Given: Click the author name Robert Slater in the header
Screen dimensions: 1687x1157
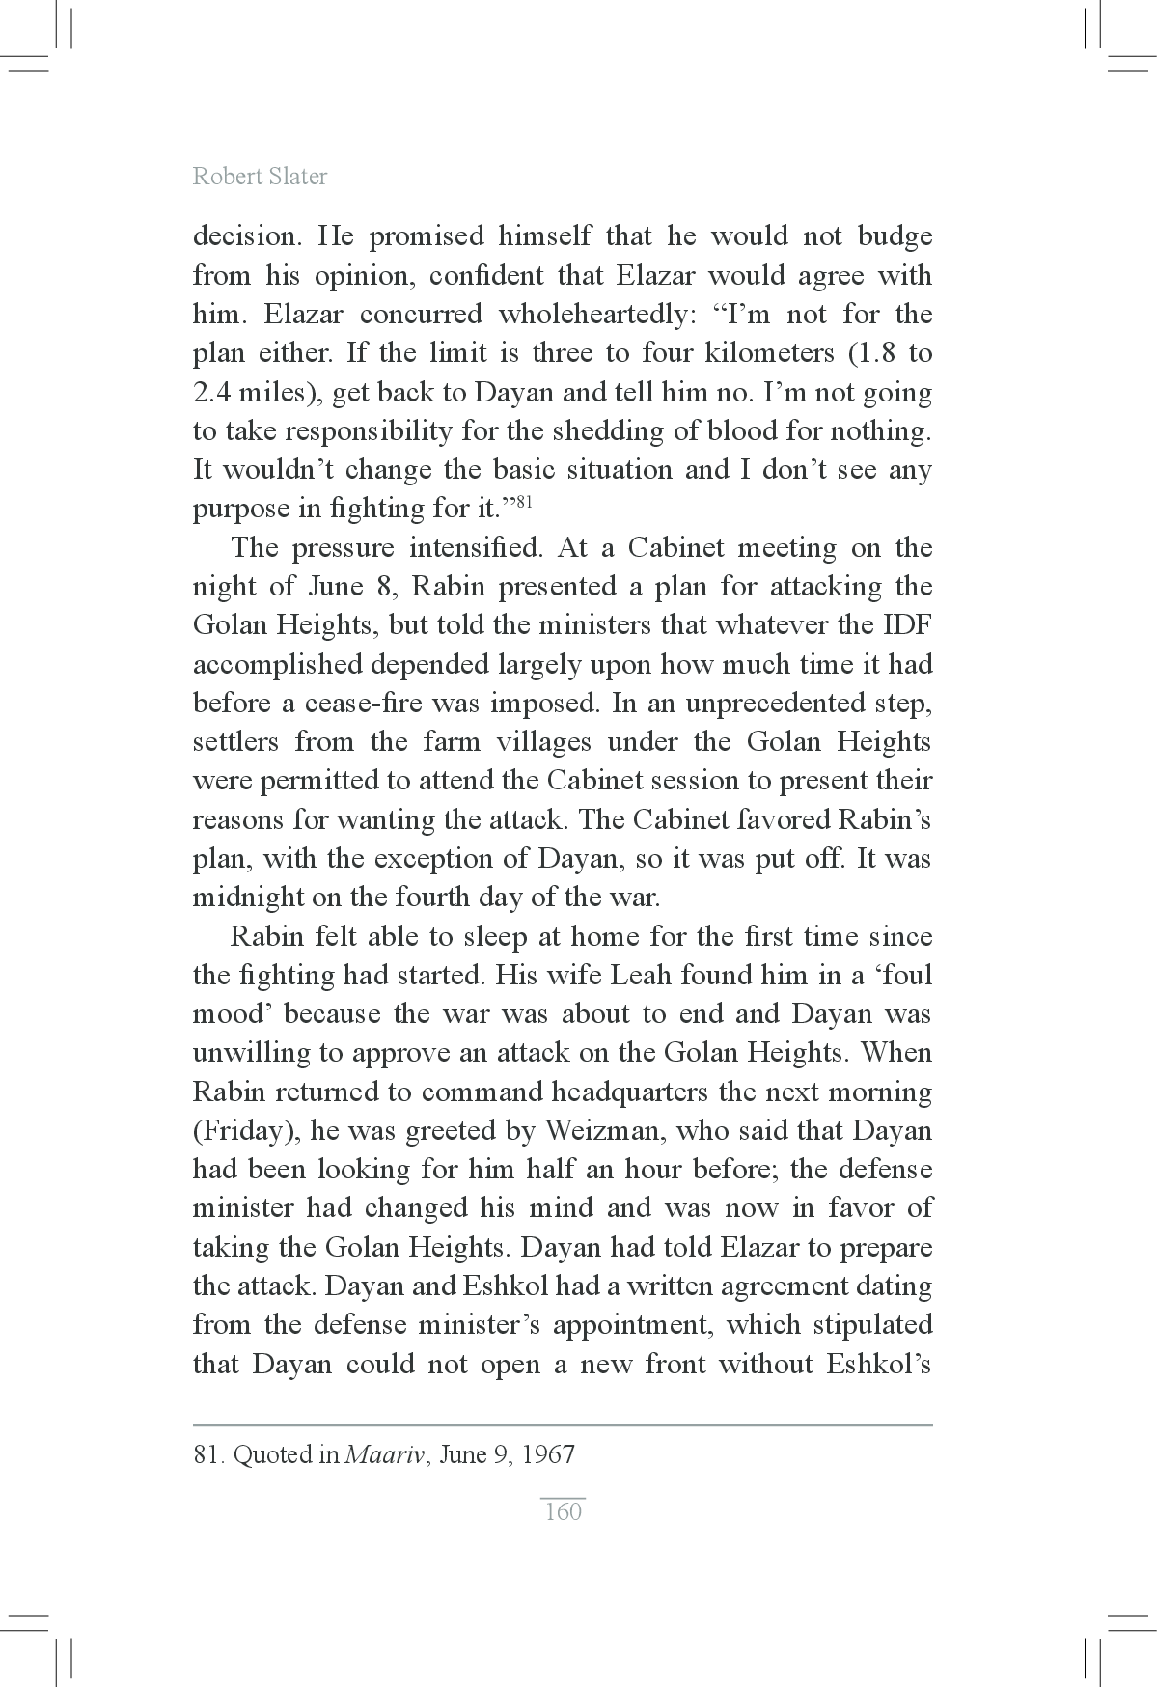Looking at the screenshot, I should [260, 177].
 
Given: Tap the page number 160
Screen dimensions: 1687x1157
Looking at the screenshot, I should [564, 1510].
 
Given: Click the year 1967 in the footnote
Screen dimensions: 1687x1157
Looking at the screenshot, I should [548, 1453].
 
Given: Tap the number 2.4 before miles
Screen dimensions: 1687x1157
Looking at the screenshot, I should [211, 393].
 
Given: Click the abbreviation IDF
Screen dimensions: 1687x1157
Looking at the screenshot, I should [906, 625].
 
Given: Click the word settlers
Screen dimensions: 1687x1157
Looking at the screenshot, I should [235, 742].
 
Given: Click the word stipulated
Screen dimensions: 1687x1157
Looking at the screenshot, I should [872, 1324].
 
